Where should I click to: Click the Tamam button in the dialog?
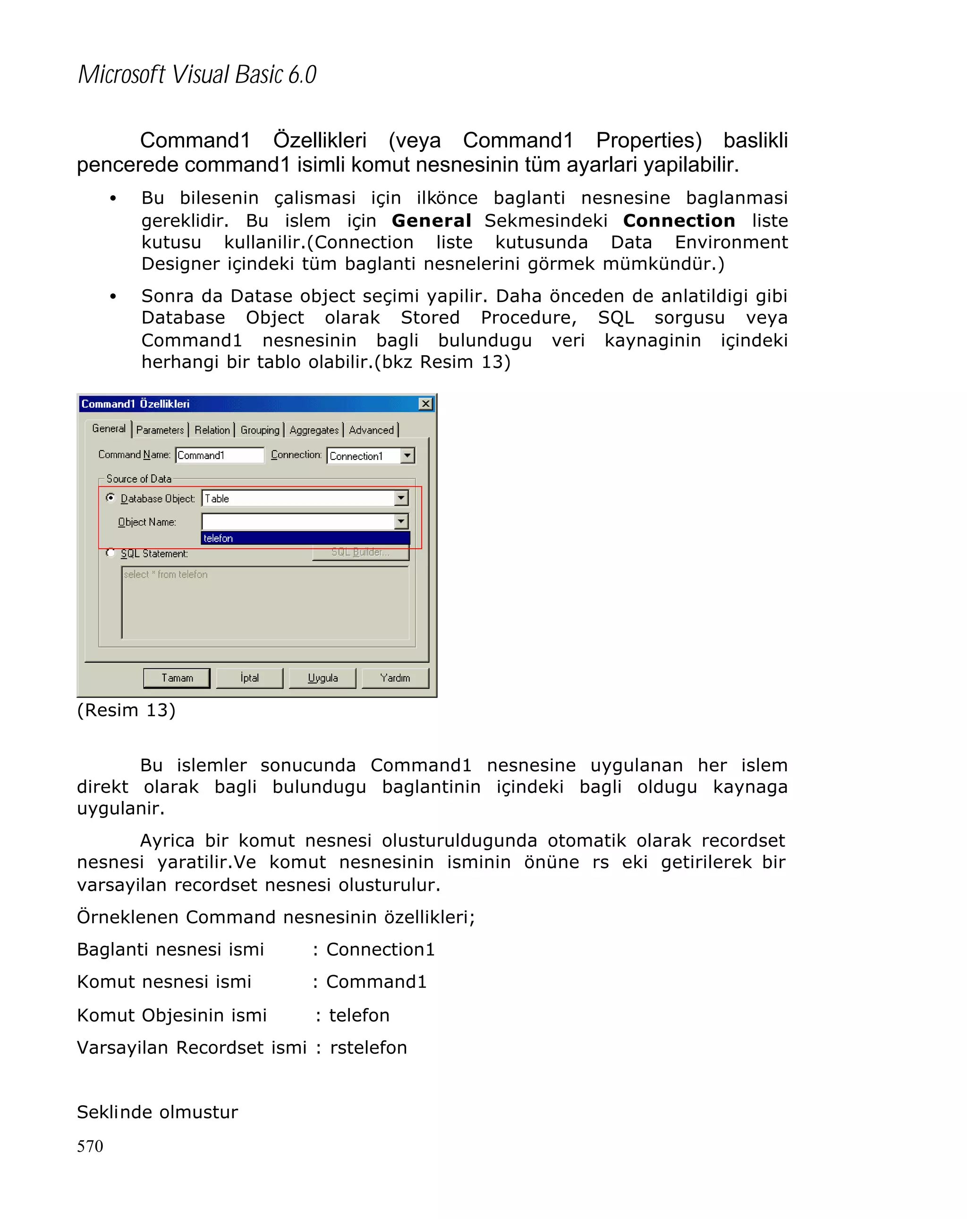(177, 677)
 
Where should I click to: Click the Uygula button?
(322, 677)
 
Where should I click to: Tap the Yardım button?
(395, 677)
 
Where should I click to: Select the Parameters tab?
(160, 430)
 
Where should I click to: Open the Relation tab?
(212, 430)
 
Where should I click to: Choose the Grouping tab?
(260, 430)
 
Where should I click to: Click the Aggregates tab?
(314, 430)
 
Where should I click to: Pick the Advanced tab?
(371, 430)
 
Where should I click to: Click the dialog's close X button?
(425, 404)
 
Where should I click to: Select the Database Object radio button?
(111, 498)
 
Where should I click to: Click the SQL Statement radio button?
(111, 552)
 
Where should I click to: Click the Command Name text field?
(220, 455)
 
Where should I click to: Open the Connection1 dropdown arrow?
(407, 455)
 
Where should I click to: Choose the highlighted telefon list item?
(305, 538)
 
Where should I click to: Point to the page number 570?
(90, 1146)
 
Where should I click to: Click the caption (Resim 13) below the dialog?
(126, 710)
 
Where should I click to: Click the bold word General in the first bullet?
(431, 220)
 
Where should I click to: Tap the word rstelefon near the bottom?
(368, 1048)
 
